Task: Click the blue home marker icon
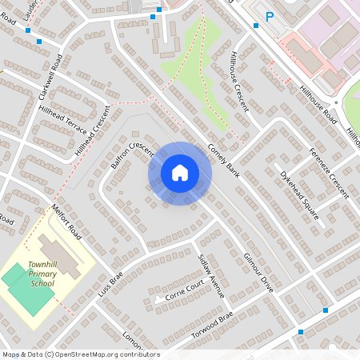(180, 173)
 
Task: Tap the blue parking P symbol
(270, 15)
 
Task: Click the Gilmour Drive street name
(258, 273)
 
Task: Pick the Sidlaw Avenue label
(210, 274)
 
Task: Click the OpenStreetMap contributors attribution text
(81, 354)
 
